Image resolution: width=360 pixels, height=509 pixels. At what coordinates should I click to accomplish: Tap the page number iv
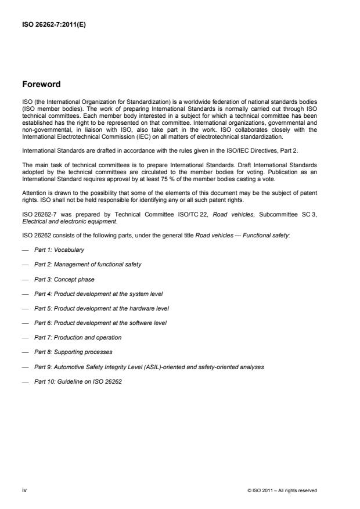coord(24,490)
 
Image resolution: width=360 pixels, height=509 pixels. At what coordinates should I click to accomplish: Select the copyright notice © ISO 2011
coord(282,490)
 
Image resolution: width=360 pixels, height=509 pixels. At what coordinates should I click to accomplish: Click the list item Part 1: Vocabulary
coord(59,250)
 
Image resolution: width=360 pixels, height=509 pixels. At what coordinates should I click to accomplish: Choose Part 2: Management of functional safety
coord(87,264)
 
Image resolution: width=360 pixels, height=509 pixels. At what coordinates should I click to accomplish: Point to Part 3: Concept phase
coord(64,279)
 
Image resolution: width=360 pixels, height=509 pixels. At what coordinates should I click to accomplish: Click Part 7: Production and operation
coord(78,337)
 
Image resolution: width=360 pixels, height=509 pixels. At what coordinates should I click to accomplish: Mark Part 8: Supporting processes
coord(73,352)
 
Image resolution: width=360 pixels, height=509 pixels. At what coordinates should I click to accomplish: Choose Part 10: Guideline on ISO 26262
coord(78,381)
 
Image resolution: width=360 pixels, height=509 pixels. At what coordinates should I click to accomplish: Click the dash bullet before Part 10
coord(25,381)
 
